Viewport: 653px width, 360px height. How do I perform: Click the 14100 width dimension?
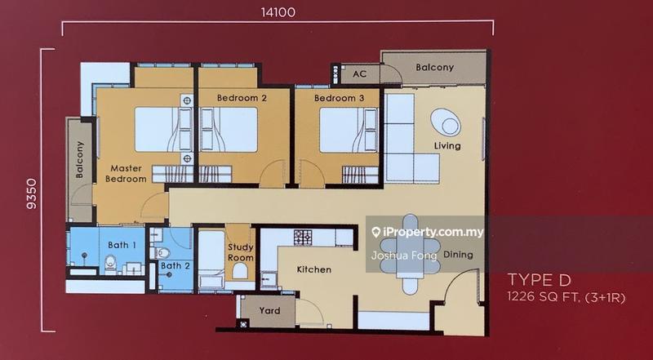click(x=278, y=12)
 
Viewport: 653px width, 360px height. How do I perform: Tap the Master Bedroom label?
click(x=127, y=174)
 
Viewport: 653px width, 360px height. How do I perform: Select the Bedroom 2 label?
click(x=242, y=98)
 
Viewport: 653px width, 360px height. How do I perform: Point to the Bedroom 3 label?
click(x=340, y=98)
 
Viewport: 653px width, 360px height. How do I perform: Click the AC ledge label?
click(x=359, y=74)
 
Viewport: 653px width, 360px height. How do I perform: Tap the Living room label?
click(x=447, y=146)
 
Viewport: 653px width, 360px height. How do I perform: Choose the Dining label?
click(x=458, y=255)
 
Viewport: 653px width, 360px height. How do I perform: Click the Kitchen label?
click(x=314, y=269)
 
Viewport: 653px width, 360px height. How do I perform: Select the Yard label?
click(x=269, y=310)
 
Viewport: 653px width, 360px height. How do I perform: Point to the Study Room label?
click(x=241, y=251)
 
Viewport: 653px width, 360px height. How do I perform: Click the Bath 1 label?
click(x=122, y=244)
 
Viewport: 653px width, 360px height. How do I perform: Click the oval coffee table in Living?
click(x=446, y=122)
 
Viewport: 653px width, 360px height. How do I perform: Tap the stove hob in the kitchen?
click(x=303, y=238)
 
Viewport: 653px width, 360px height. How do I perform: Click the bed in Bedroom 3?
click(x=349, y=130)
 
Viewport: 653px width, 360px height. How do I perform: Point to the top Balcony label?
click(x=434, y=67)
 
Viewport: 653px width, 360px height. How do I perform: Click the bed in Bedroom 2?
click(x=229, y=130)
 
